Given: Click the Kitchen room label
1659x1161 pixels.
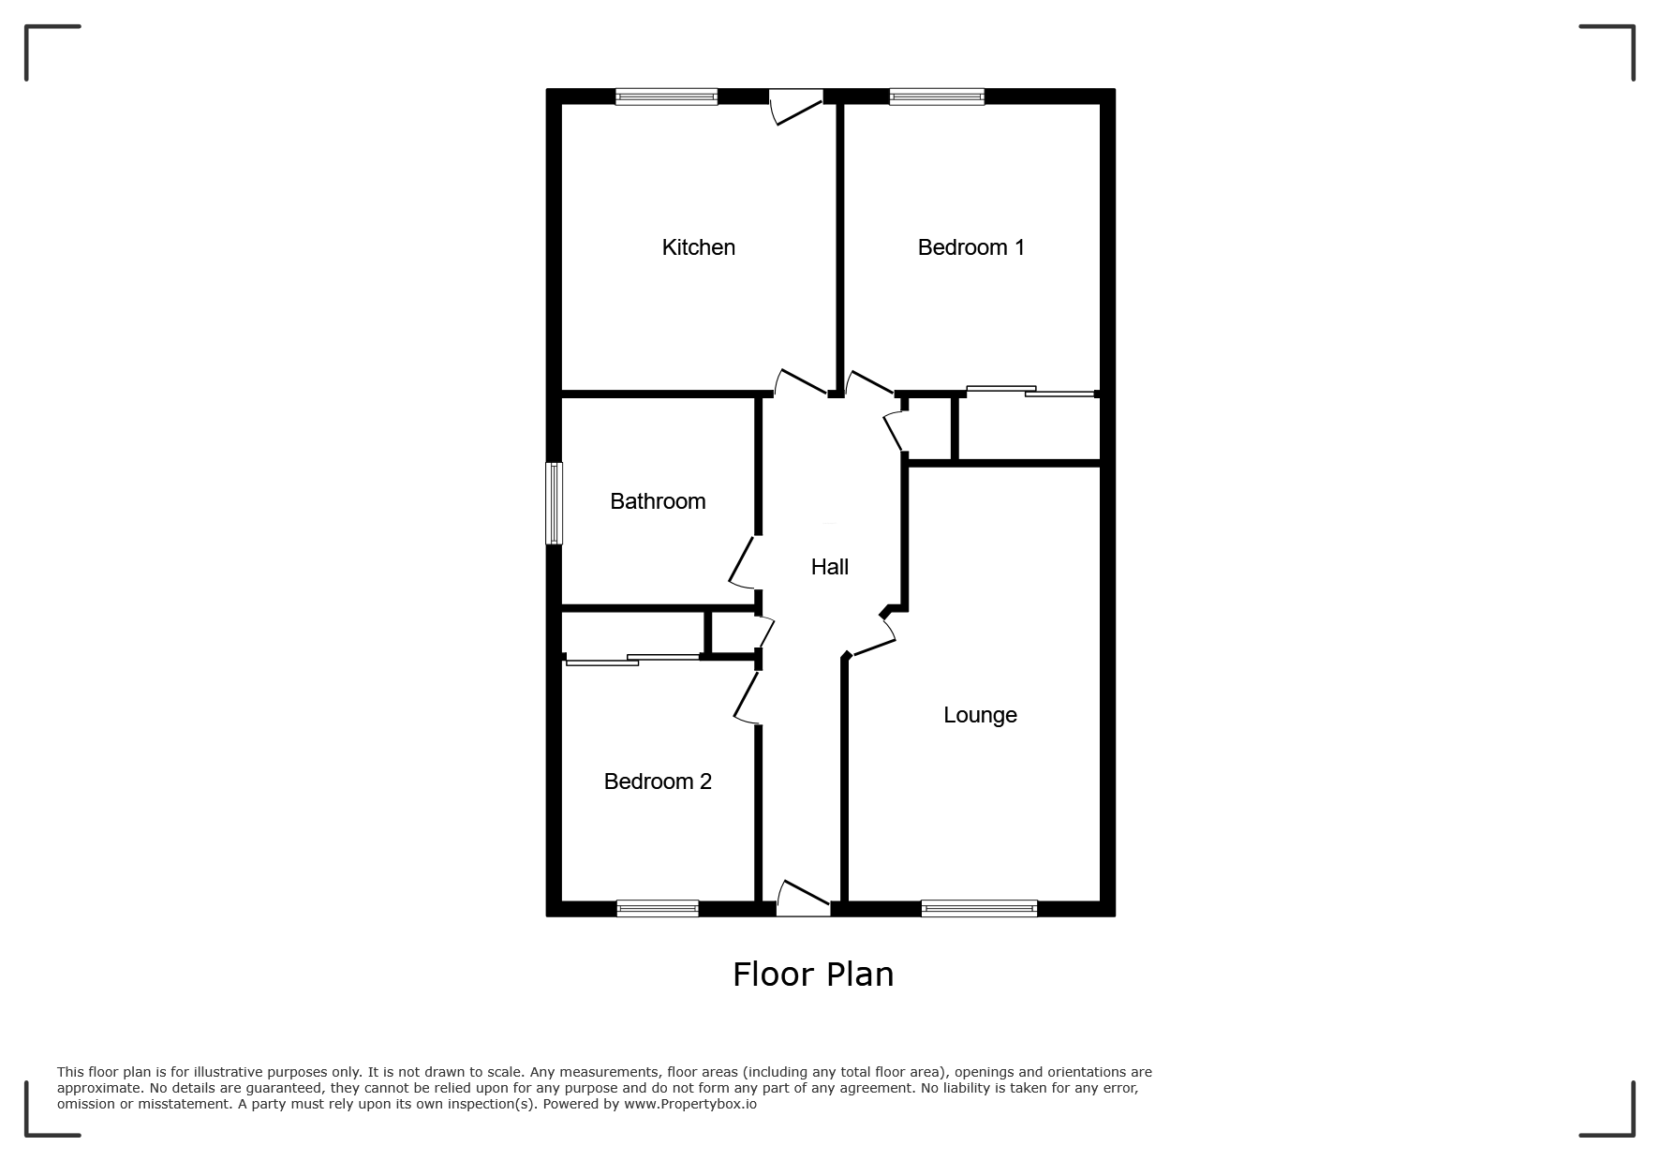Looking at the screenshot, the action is [x=698, y=247].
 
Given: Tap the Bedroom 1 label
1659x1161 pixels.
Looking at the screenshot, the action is [x=970, y=247].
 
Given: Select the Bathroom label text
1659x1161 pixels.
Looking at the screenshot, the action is [x=658, y=501].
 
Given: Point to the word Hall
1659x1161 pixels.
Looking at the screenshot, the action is [x=830, y=567].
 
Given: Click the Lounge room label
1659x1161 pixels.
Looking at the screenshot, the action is [x=980, y=715].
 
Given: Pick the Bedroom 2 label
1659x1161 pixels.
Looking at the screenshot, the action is [x=658, y=781].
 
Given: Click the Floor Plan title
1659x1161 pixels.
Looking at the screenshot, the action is [x=813, y=975].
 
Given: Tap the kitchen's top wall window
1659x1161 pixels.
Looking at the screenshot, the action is [x=666, y=96].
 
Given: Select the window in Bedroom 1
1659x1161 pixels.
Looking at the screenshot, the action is [x=937, y=96].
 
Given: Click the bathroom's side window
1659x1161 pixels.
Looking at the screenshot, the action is [x=555, y=503].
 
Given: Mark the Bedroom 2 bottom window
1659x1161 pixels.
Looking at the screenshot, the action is [x=658, y=908].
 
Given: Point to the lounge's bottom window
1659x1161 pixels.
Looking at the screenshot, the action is [x=979, y=908].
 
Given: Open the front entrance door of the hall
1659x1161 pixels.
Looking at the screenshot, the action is [x=804, y=898].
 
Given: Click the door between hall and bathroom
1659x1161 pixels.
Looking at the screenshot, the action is [x=744, y=562].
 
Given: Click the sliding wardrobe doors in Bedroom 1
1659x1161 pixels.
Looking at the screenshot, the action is [x=1030, y=392].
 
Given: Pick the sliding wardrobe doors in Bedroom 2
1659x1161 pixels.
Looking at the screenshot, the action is [x=632, y=660].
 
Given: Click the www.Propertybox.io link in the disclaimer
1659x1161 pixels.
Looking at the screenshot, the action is [x=689, y=1104].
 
